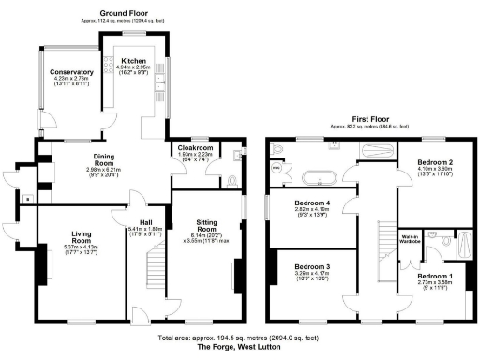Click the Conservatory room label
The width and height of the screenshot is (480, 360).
tap(71, 71)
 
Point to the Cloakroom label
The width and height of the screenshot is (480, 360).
tap(196, 147)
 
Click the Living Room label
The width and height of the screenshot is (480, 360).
tap(79, 239)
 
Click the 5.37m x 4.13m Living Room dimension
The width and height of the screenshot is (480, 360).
tap(79, 247)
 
